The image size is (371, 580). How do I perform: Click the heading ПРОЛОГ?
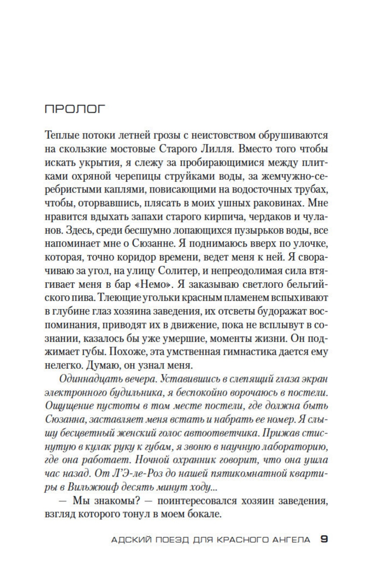(x=75, y=109)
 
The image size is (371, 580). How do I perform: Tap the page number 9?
(x=324, y=539)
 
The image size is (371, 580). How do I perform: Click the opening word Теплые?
(x=62, y=136)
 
